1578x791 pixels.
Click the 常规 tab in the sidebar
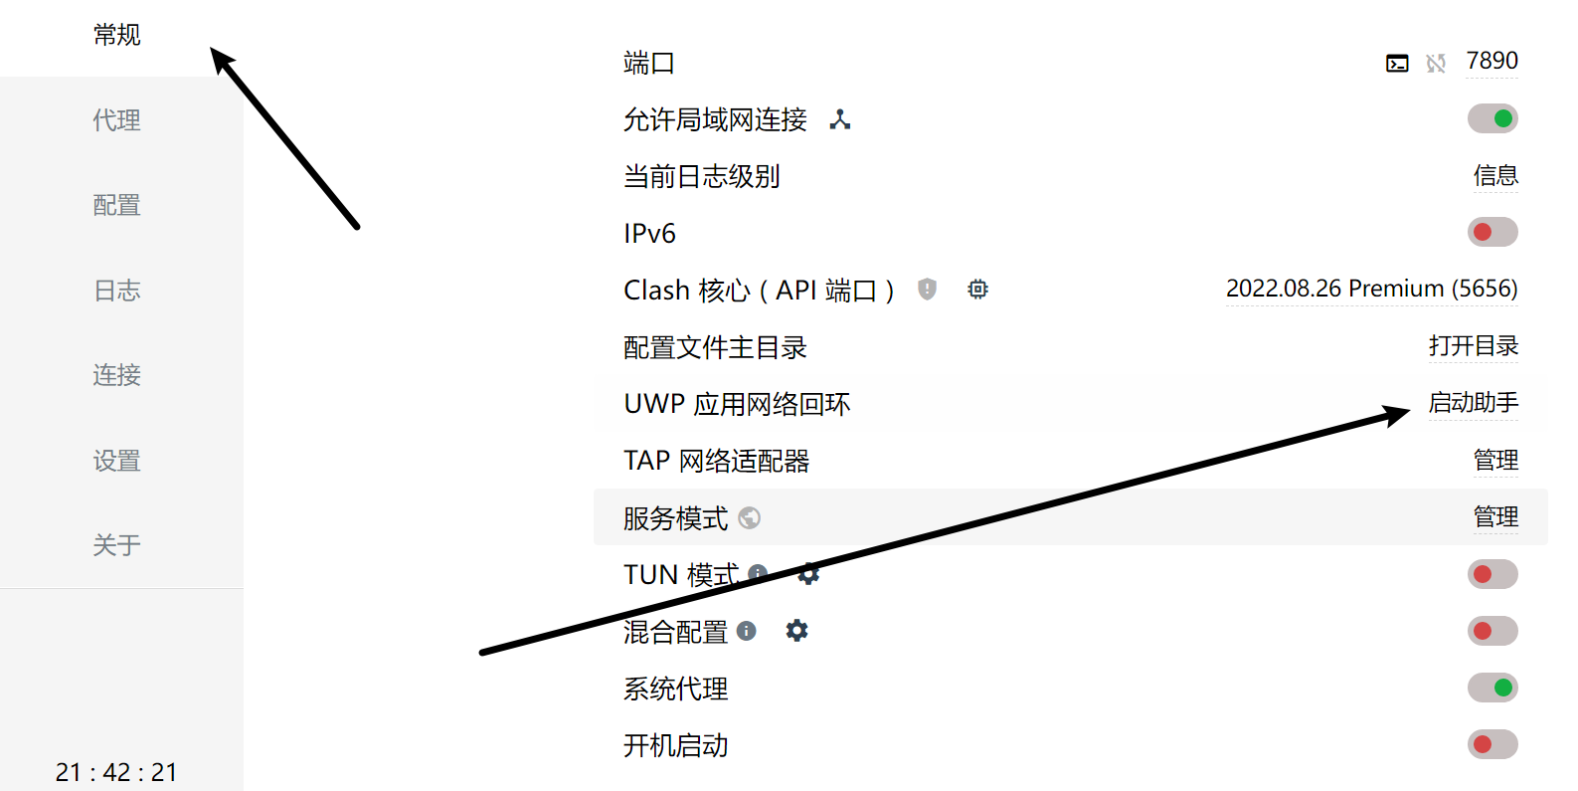[x=116, y=36]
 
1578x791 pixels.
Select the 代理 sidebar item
[x=116, y=120]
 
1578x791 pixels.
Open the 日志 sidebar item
[x=116, y=291]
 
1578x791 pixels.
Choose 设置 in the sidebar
[x=116, y=461]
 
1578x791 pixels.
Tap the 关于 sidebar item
[x=116, y=545]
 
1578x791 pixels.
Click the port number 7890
[x=1491, y=62]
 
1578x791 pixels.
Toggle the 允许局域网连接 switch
[x=1492, y=119]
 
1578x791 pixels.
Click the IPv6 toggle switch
[x=1492, y=233]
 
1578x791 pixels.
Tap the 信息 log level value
[x=1495, y=176]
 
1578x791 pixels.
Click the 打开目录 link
[x=1474, y=346]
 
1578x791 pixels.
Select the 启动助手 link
[x=1474, y=403]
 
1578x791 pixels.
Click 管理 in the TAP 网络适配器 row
[x=1495, y=461]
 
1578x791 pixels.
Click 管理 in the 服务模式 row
[x=1495, y=517]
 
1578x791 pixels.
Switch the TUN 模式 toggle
[x=1492, y=574]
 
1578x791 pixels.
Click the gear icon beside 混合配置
[x=796, y=631]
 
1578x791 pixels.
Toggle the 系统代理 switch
[x=1492, y=688]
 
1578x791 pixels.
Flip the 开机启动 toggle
[x=1492, y=744]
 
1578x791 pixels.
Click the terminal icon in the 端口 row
[x=1397, y=64]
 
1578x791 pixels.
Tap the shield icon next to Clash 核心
[x=927, y=290]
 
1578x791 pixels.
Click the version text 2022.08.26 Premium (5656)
[x=1371, y=289]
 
